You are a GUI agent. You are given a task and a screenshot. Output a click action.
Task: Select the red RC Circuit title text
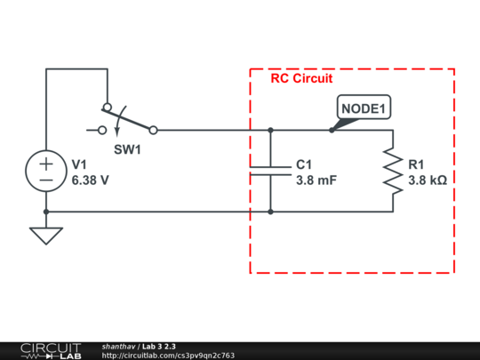click(301, 78)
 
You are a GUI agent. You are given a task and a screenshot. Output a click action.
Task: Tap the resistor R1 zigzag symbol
click(392, 171)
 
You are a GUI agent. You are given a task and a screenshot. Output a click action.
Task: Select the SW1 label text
click(127, 149)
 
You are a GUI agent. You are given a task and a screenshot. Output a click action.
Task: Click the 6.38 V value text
click(90, 179)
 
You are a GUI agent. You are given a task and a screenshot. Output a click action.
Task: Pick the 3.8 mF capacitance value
click(316, 179)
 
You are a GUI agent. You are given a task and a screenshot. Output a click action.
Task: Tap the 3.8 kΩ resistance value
click(428, 179)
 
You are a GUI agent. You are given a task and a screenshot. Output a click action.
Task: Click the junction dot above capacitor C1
click(269, 130)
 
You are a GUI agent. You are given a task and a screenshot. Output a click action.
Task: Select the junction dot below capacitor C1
click(269, 212)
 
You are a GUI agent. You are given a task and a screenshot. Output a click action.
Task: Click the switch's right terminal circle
click(153, 130)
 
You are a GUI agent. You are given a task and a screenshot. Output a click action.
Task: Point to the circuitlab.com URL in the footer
click(168, 356)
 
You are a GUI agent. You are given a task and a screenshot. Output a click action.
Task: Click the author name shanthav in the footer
click(119, 346)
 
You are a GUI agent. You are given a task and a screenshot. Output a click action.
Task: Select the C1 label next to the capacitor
click(304, 164)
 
